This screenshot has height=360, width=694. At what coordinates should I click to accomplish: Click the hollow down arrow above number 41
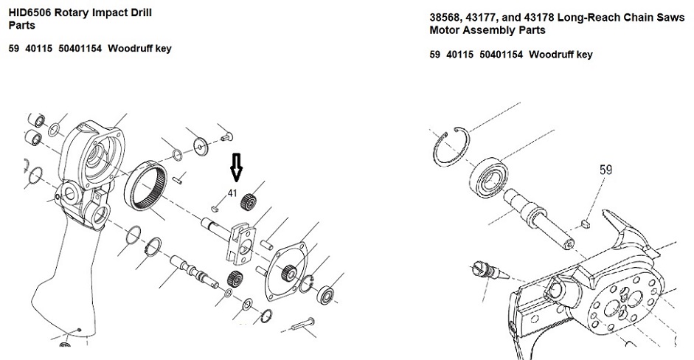point(236,167)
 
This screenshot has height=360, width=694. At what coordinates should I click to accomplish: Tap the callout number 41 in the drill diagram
point(232,193)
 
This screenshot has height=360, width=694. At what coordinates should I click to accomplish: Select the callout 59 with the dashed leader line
point(605,170)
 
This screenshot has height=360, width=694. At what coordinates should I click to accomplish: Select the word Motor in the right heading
point(443,30)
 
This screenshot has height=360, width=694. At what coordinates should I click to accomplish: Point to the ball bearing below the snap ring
point(488,176)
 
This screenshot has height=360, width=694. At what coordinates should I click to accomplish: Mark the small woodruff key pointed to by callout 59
point(585,223)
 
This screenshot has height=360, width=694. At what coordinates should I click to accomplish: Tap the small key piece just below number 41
point(215,208)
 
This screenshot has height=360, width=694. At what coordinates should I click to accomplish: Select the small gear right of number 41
point(249,201)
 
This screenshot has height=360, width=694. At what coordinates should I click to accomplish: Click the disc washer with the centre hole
point(201,146)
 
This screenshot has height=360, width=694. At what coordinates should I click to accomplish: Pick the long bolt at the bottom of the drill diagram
point(302,324)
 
